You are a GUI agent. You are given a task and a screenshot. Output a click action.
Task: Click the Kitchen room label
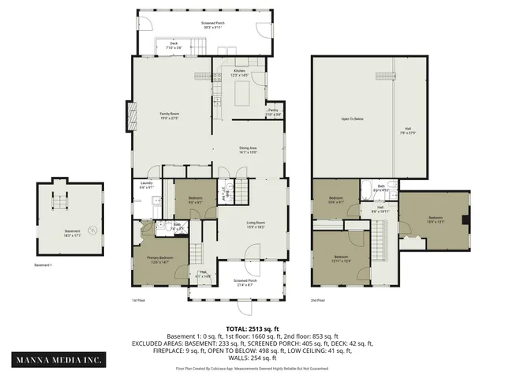point(240,73)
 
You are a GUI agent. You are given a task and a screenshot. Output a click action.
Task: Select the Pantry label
point(273,112)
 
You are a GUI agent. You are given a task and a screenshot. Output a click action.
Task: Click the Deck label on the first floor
point(174,46)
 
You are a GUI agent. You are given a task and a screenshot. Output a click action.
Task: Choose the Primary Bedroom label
point(160,259)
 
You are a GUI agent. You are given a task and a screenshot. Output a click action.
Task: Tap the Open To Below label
point(352,119)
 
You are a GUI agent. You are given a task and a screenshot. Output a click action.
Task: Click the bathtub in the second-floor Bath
point(390,189)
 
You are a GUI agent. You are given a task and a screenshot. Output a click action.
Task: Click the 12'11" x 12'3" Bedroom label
point(340,258)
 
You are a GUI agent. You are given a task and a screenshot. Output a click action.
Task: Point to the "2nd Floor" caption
point(318,301)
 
